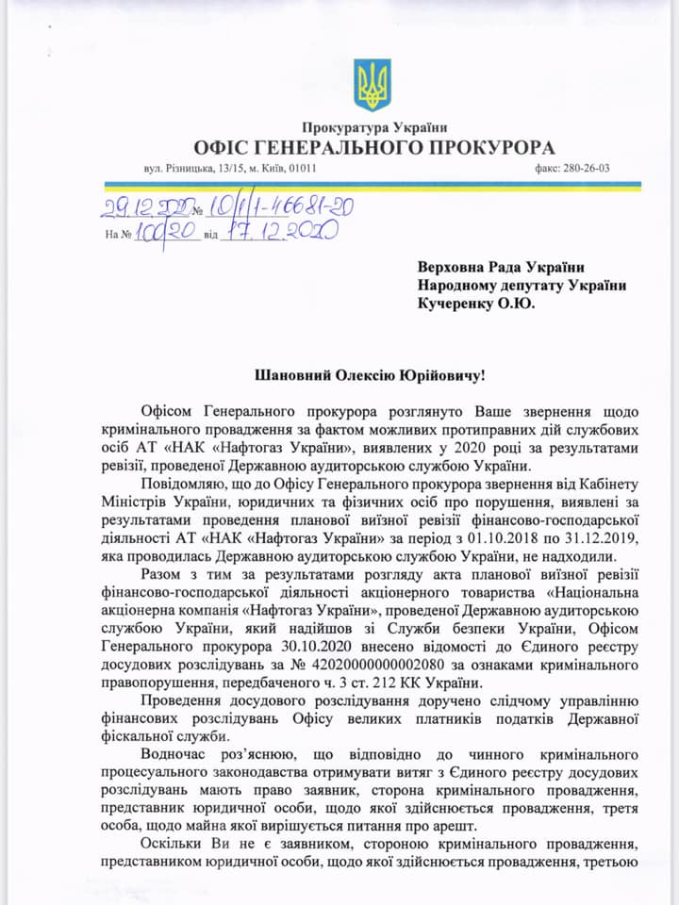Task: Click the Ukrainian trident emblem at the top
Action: click(x=372, y=85)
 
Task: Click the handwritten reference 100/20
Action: click(x=166, y=232)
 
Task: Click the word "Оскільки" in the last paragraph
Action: click(x=173, y=846)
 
